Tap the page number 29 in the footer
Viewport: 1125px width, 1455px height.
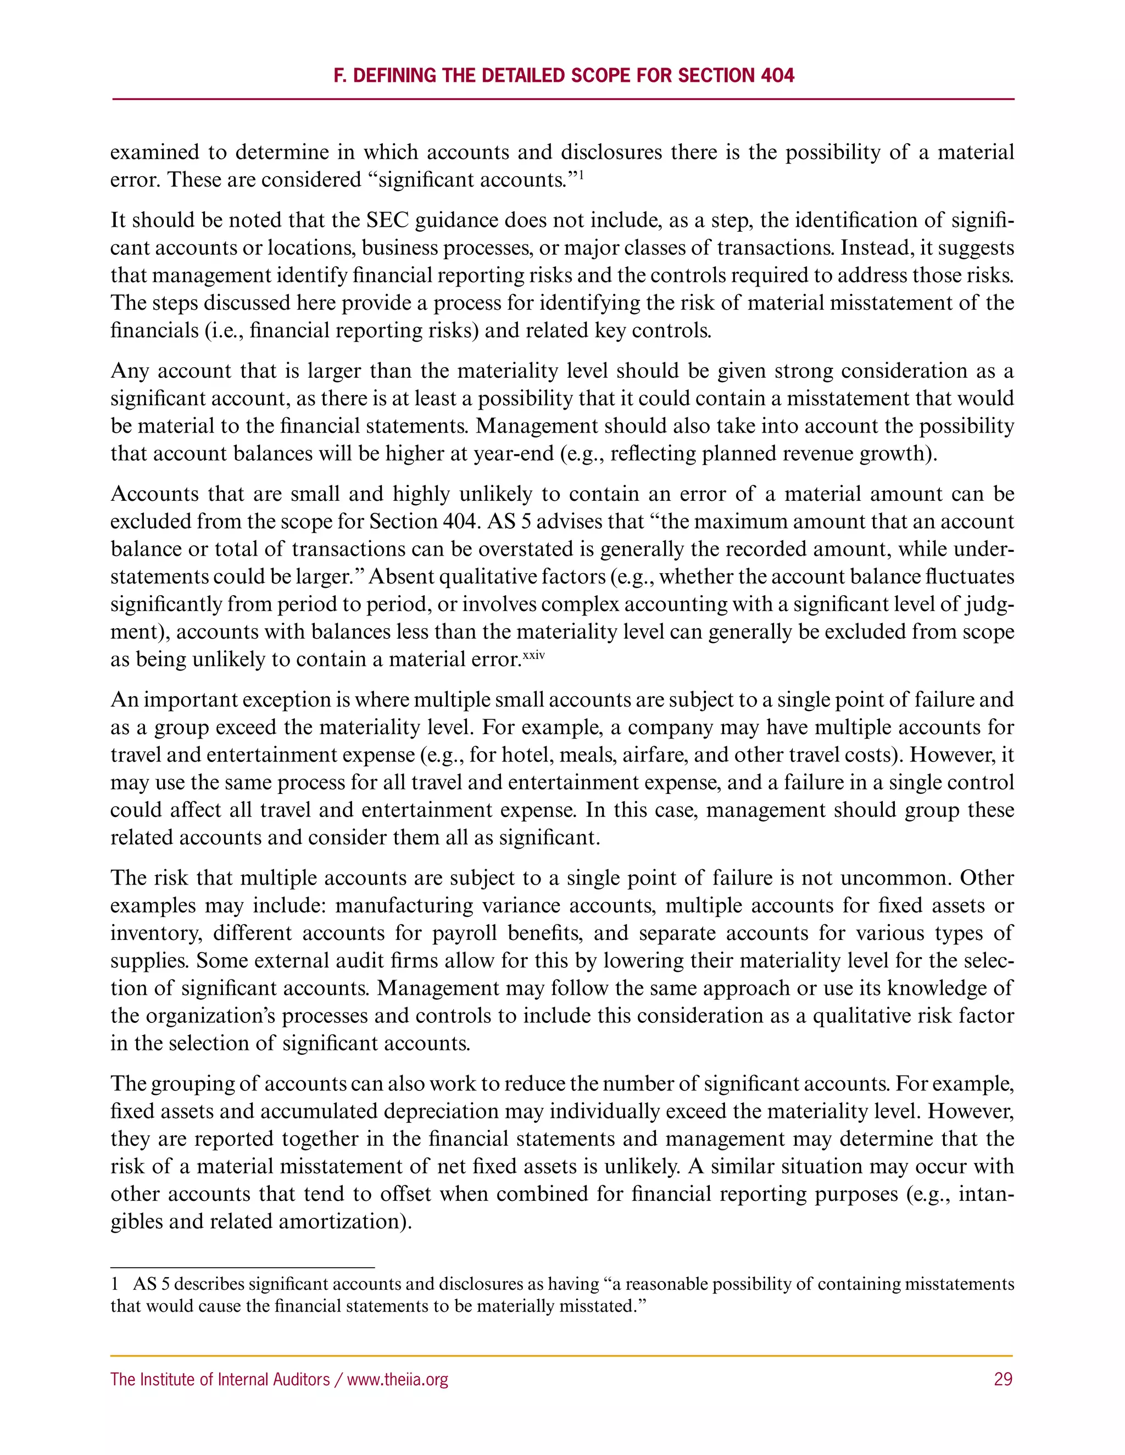click(1003, 1379)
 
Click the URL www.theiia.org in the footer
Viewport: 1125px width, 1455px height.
click(398, 1379)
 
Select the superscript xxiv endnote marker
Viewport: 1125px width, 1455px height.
click(534, 655)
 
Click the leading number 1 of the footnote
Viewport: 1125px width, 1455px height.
click(115, 1284)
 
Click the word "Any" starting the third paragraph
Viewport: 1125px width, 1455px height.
click(129, 371)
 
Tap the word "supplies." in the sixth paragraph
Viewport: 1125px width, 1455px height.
click(150, 961)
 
